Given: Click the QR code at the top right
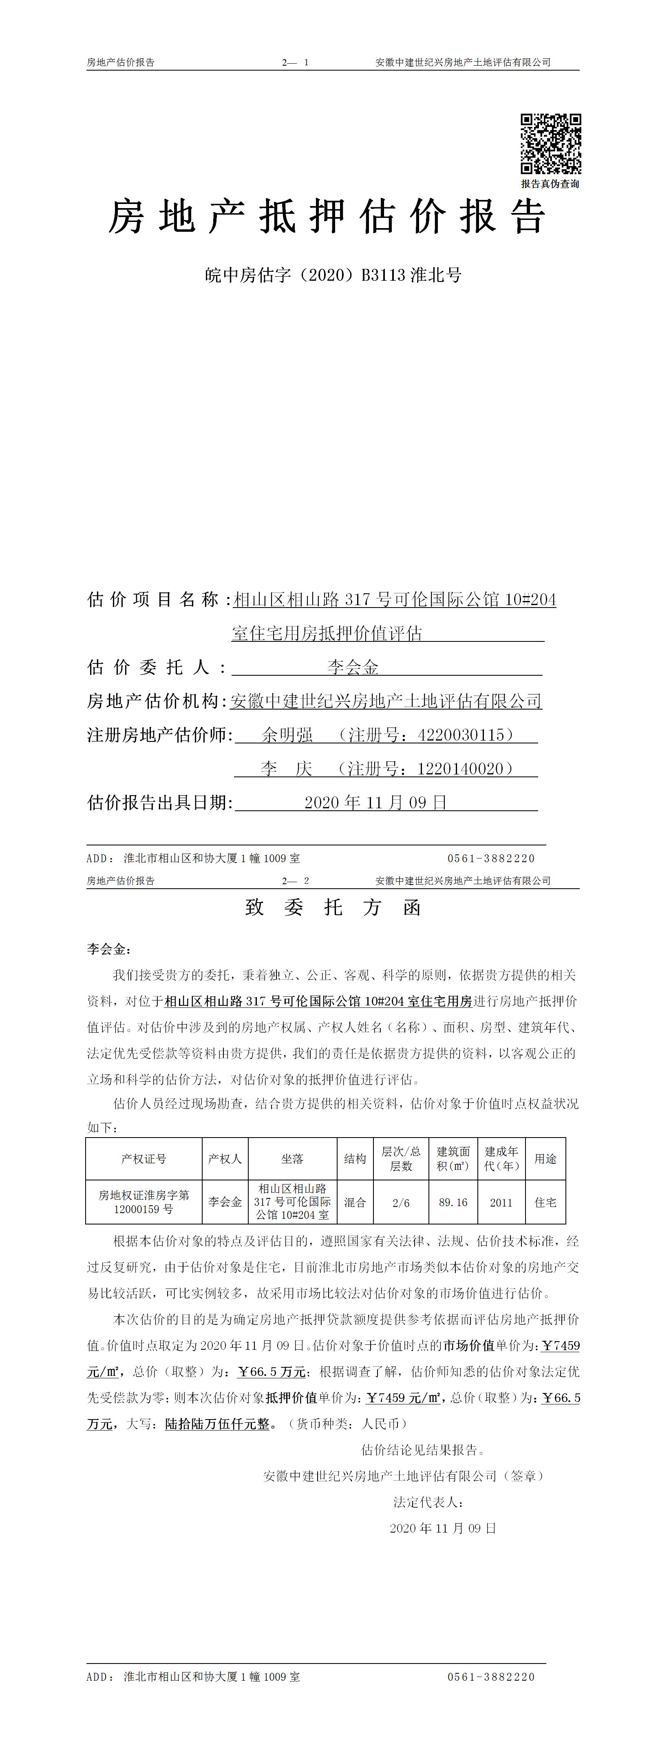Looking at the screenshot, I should pyautogui.click(x=550, y=144).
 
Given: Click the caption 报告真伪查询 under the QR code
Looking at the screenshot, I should pyautogui.click(x=550, y=184).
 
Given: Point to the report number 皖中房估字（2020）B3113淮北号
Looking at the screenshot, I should pyautogui.click(x=333, y=275).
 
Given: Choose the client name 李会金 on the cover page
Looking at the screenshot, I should pyautogui.click(x=353, y=668).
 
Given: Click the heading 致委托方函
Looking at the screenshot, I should pyautogui.click(x=333, y=908).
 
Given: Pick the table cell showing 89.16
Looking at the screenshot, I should pyautogui.click(x=453, y=1202).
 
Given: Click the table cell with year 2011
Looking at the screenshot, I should pyautogui.click(x=501, y=1202).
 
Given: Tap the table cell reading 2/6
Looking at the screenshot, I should pyautogui.click(x=401, y=1202).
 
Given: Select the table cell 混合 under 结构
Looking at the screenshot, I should pyautogui.click(x=355, y=1202).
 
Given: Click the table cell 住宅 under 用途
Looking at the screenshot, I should pyautogui.click(x=545, y=1202).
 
